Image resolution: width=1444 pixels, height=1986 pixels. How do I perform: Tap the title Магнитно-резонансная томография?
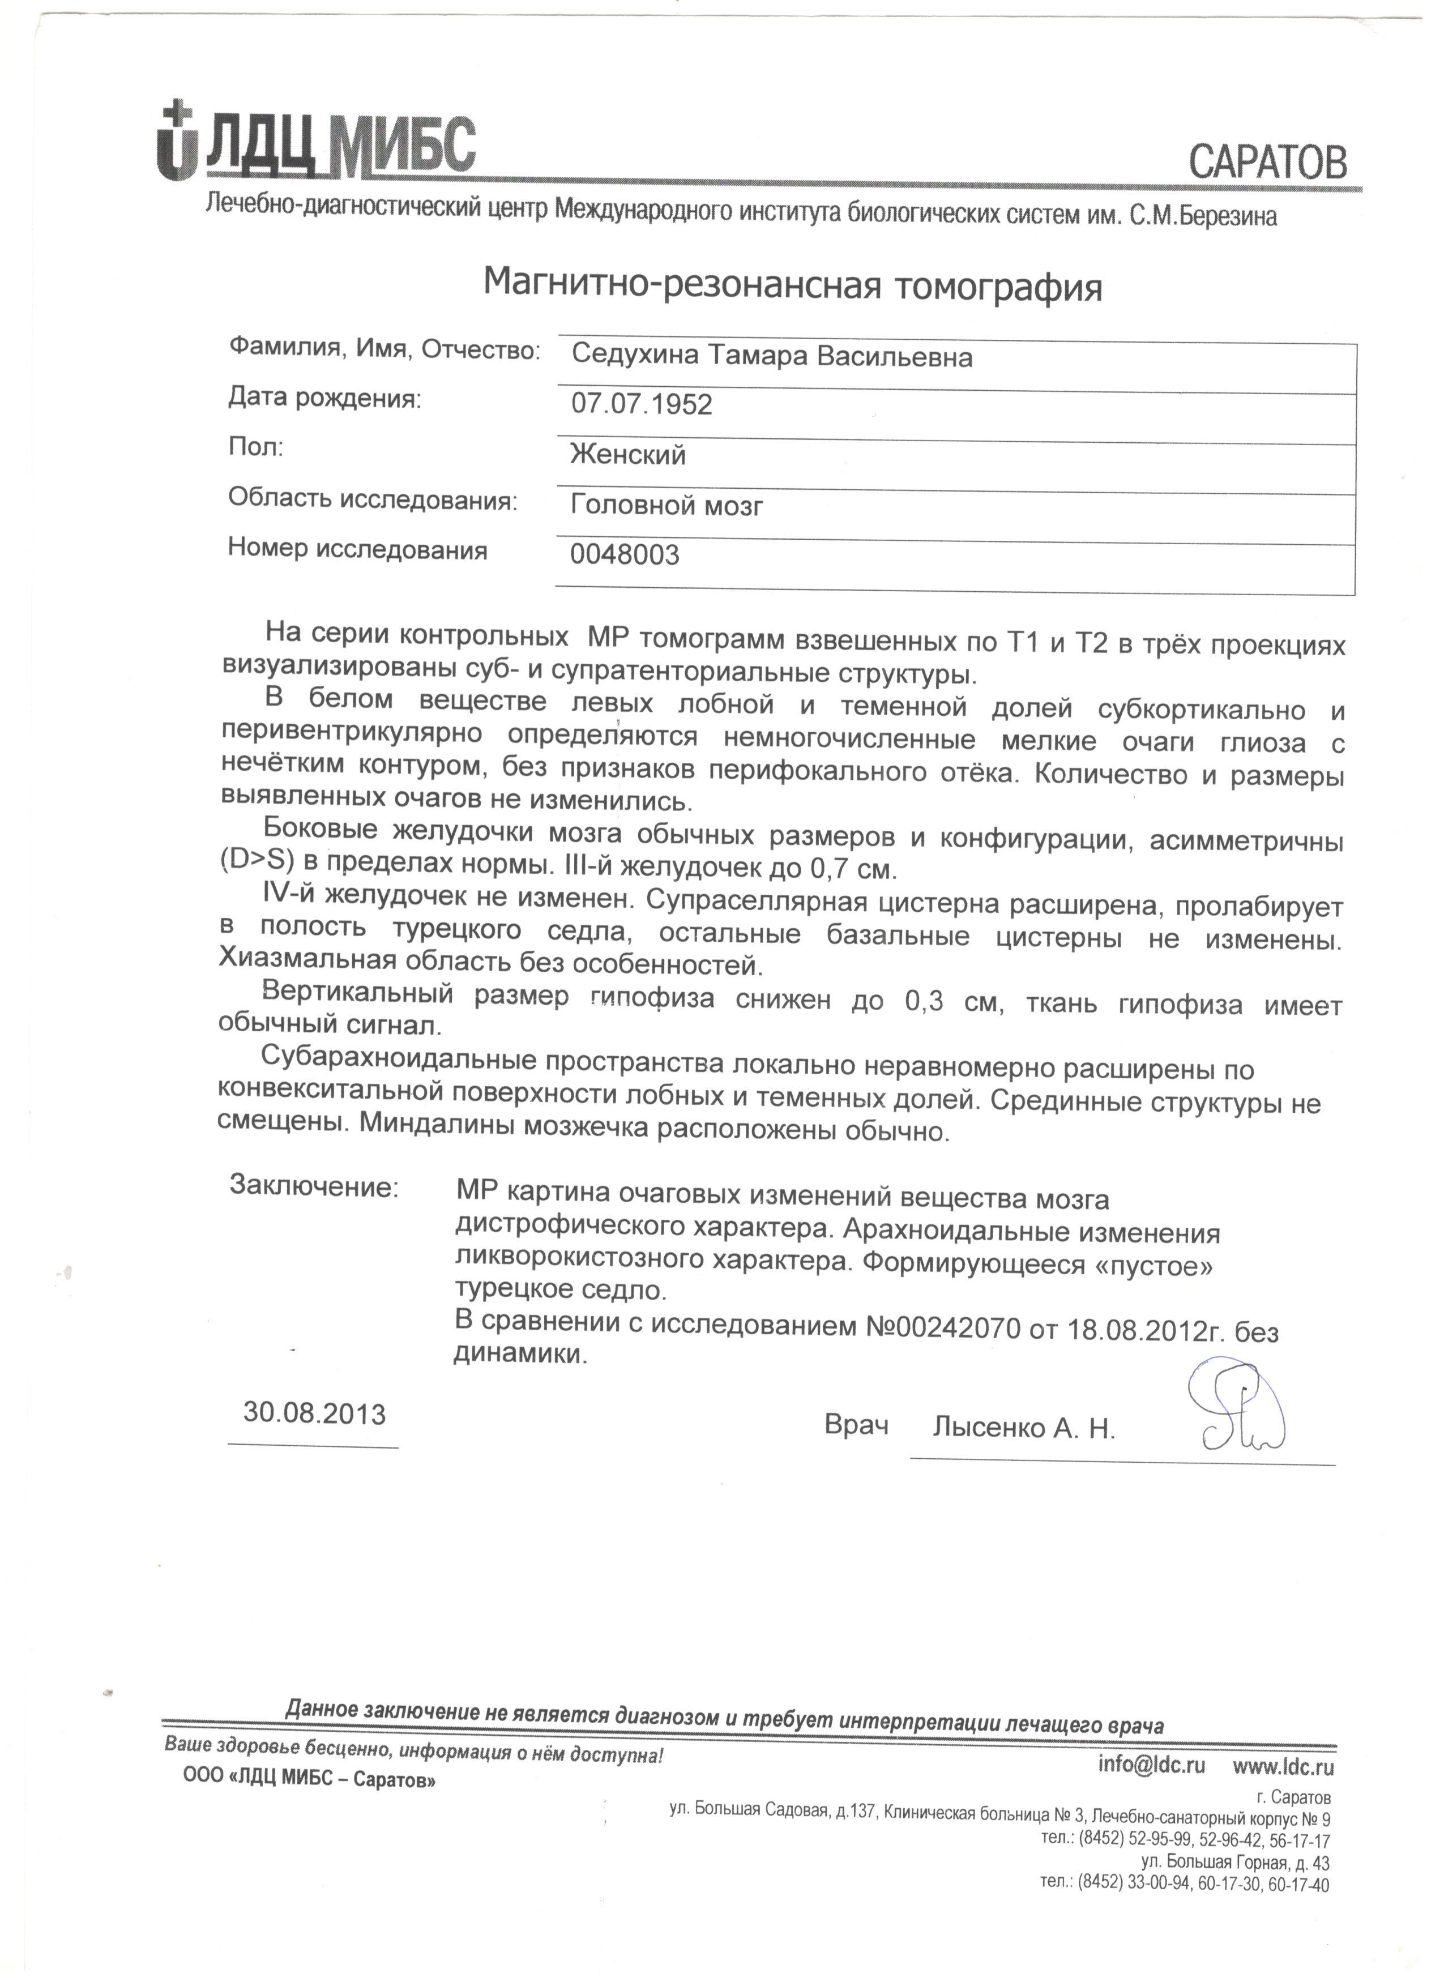point(792,285)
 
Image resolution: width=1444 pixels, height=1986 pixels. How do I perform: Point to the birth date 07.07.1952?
point(642,404)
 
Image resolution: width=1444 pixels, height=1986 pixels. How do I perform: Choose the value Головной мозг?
point(667,505)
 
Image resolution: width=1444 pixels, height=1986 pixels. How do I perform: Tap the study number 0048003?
point(625,555)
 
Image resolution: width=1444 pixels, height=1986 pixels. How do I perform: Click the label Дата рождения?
point(324,399)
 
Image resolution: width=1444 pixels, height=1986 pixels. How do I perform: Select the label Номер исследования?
point(357,550)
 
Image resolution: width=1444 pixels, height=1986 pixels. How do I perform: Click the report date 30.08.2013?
point(314,1413)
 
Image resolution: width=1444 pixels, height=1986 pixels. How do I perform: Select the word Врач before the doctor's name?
point(856,1425)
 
